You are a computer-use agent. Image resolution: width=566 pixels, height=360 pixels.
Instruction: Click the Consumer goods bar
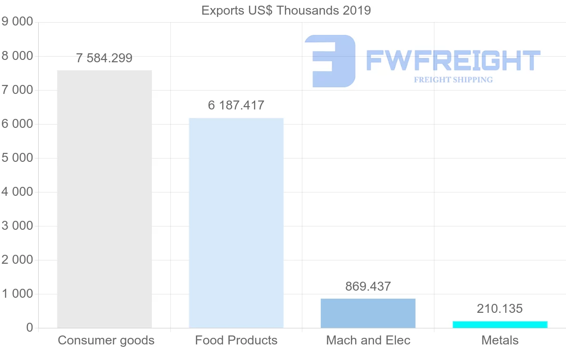[x=104, y=199]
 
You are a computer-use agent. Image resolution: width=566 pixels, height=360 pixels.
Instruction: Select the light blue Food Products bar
[x=236, y=223]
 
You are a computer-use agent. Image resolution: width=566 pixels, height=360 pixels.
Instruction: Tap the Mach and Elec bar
[x=368, y=313]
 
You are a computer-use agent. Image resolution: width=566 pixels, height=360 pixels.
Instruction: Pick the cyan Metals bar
[x=500, y=325]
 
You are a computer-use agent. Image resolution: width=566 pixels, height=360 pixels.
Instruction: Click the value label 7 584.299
[x=104, y=59]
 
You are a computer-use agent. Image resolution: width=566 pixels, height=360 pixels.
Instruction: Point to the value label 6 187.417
[x=236, y=105]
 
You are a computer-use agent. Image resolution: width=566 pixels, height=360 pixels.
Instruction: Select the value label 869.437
[x=368, y=286]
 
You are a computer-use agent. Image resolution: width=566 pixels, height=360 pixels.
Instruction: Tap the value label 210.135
[x=500, y=309]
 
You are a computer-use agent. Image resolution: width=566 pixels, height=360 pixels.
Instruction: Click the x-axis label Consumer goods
[x=106, y=340]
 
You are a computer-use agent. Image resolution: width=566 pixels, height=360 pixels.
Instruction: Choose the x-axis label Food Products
[x=236, y=340]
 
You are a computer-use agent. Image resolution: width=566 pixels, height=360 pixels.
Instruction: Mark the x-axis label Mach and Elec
[x=368, y=340]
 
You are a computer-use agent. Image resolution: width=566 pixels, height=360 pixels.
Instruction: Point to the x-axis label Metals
[x=500, y=340]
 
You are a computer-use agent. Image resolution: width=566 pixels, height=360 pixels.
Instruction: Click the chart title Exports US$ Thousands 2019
[x=286, y=10]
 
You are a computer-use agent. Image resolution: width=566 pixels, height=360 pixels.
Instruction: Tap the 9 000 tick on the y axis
[x=18, y=22]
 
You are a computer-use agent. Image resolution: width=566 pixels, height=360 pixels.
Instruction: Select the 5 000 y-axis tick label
[x=18, y=158]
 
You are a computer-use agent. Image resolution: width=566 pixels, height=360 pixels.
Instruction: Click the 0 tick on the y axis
[x=29, y=328]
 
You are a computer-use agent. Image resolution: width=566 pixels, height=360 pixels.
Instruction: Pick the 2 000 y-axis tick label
[x=18, y=260]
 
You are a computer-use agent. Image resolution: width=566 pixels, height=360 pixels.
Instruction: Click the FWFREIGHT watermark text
[x=453, y=61]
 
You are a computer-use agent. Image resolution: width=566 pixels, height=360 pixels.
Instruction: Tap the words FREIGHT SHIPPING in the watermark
[x=453, y=80]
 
